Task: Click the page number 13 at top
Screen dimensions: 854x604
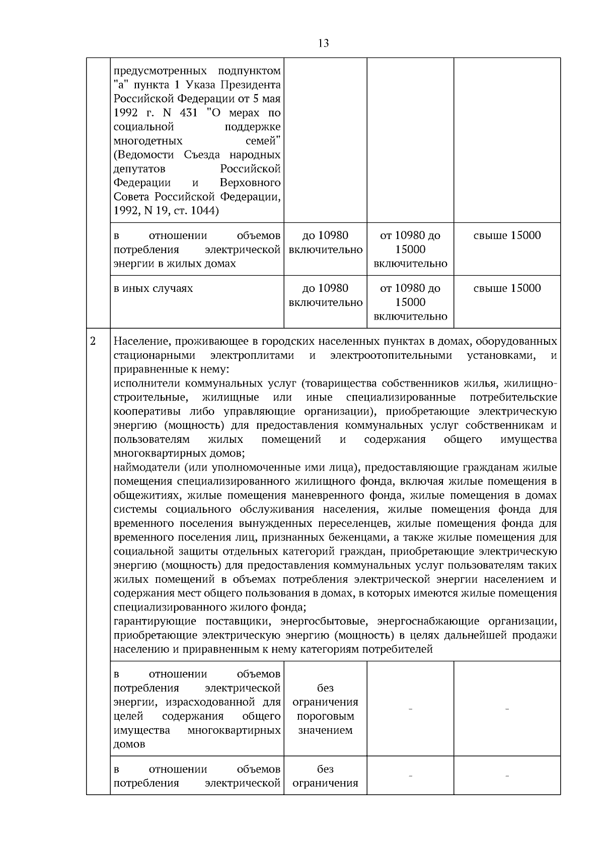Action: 324,43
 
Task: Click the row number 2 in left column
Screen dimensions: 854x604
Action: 93,341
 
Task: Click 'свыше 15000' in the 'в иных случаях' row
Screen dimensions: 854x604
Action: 507,288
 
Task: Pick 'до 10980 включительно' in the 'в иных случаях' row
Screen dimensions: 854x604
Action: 325,295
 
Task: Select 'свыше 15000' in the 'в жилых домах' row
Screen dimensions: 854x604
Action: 507,236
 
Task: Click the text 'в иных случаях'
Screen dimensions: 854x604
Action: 153,289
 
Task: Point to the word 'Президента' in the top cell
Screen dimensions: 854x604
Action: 255,84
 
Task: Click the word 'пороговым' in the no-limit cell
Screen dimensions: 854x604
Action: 325,716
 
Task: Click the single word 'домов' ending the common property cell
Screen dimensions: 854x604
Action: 129,744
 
